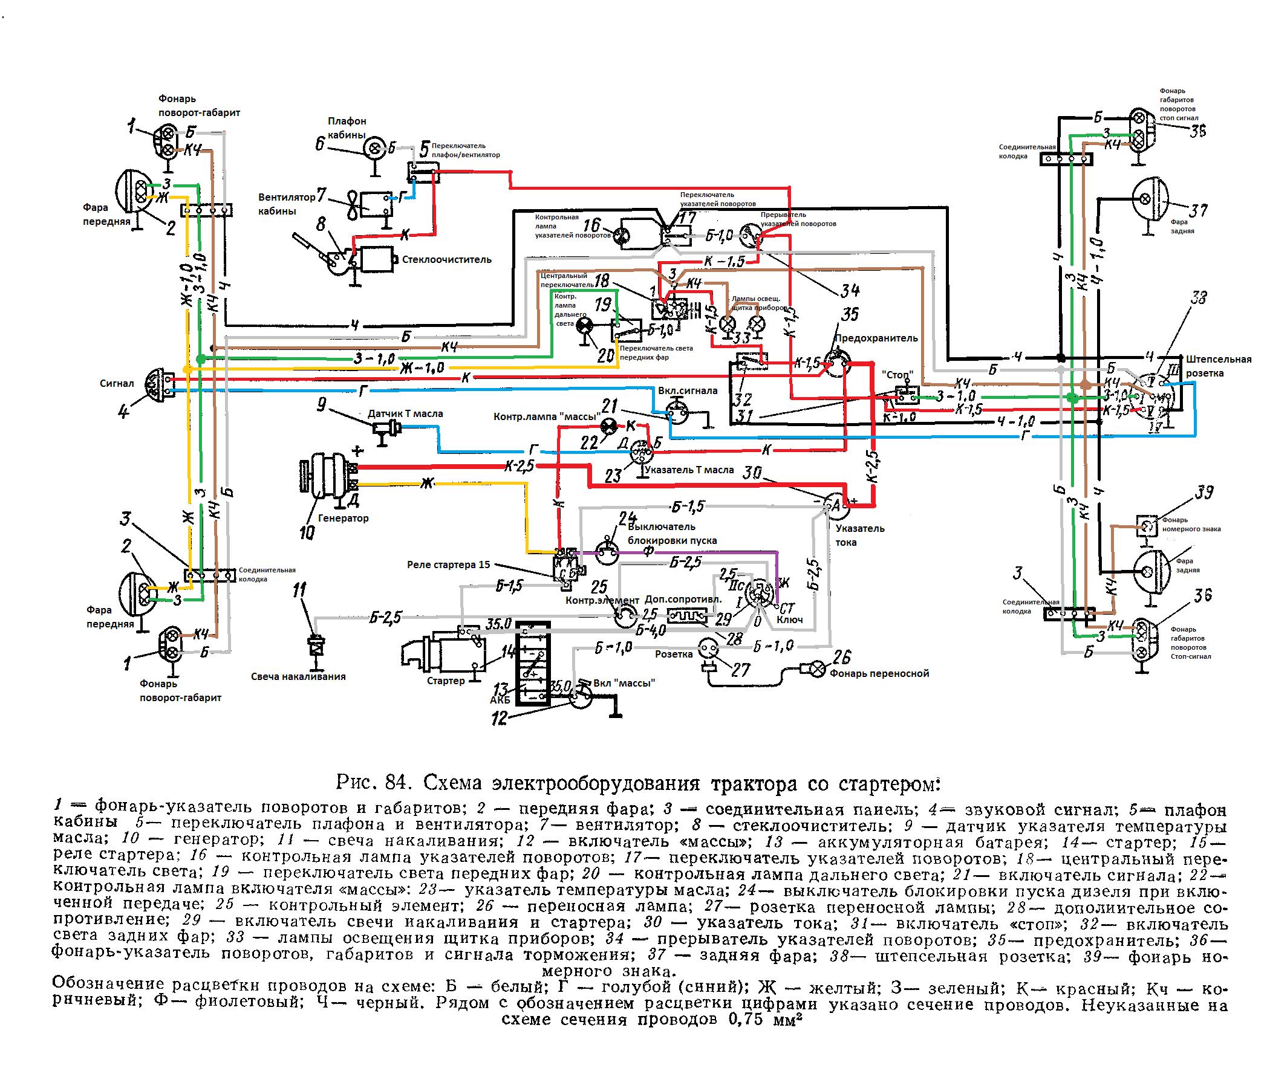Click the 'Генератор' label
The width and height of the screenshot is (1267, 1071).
(344, 519)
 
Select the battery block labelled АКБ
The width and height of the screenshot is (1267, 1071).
(532, 663)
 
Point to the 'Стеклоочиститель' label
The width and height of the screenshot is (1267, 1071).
(446, 260)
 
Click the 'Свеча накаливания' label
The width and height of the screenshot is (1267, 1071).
(298, 676)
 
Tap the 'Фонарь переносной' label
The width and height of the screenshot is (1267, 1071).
(879, 673)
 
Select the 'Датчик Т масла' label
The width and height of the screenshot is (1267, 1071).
(405, 413)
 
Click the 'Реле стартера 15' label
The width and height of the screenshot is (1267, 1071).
(448, 565)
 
